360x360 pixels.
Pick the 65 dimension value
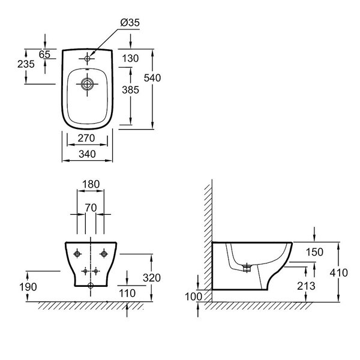click(44, 54)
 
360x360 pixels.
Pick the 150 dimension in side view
click(315, 252)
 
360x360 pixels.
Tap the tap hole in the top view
click(88, 58)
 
